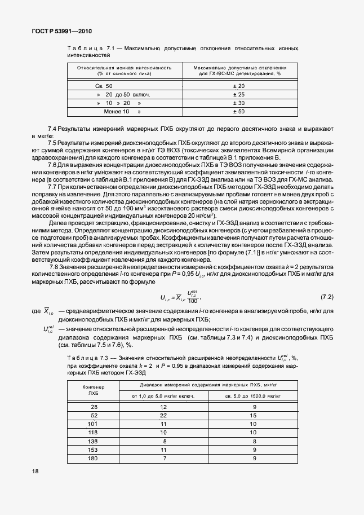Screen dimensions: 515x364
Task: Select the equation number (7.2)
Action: pyautogui.click(x=327, y=296)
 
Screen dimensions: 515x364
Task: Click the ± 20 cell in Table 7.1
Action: pyautogui.click(x=238, y=85)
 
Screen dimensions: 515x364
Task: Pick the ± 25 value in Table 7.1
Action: pyautogui.click(x=238, y=94)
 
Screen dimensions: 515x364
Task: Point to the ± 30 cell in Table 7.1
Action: pyautogui.click(x=238, y=103)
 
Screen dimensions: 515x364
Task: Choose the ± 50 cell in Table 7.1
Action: pyautogui.click(x=238, y=112)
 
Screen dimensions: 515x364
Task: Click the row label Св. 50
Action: pyautogui.click(x=104, y=85)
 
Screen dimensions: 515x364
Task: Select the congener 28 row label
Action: pyautogui.click(x=94, y=406)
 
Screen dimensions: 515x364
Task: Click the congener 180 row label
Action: pyautogui.click(x=94, y=458)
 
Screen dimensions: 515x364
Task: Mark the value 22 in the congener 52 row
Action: pyautogui.click(x=163, y=415)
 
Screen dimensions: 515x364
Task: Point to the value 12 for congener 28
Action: pyautogui.click(x=163, y=406)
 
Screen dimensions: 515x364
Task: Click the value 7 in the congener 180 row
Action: pyautogui.click(x=163, y=458)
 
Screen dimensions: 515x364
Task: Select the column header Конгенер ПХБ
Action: pyautogui.click(x=94, y=390)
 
